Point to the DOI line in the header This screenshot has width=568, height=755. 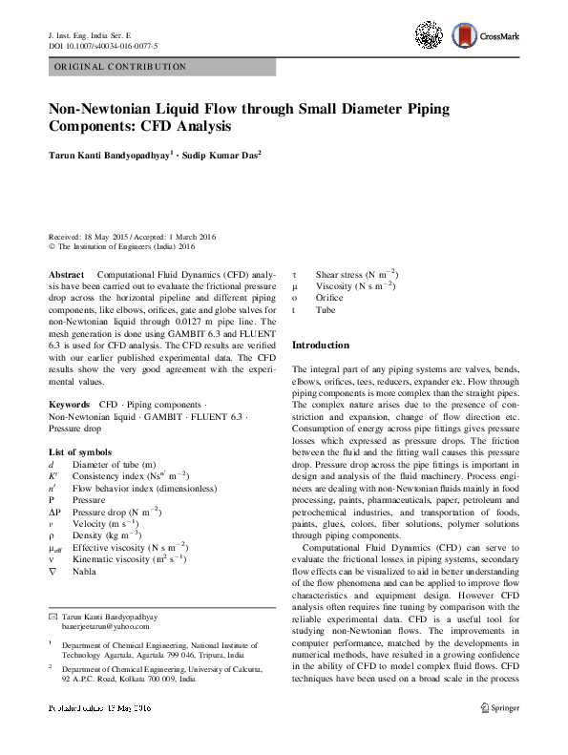pos(102,46)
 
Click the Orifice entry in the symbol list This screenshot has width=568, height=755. pos(329,298)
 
